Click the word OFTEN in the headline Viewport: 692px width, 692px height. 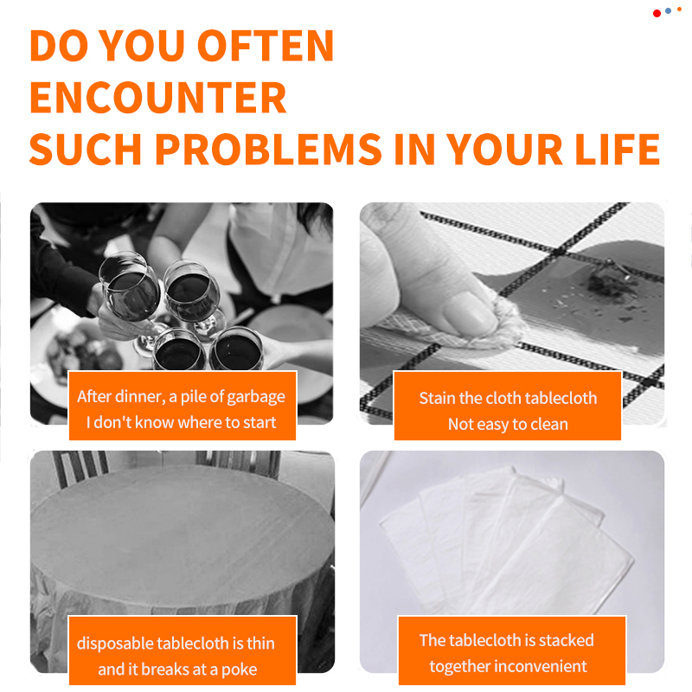(x=265, y=46)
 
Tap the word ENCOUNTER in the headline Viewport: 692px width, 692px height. (x=158, y=98)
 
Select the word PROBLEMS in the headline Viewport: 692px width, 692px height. (x=268, y=149)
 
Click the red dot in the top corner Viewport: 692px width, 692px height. (x=657, y=14)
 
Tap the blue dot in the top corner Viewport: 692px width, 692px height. (x=668, y=10)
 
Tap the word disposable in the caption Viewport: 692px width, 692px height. (x=115, y=644)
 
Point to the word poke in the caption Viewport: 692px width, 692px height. (x=239, y=670)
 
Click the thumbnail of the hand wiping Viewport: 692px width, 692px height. (x=512, y=313)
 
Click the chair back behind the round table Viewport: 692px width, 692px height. (x=79, y=468)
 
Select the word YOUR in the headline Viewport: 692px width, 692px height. (x=505, y=149)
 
